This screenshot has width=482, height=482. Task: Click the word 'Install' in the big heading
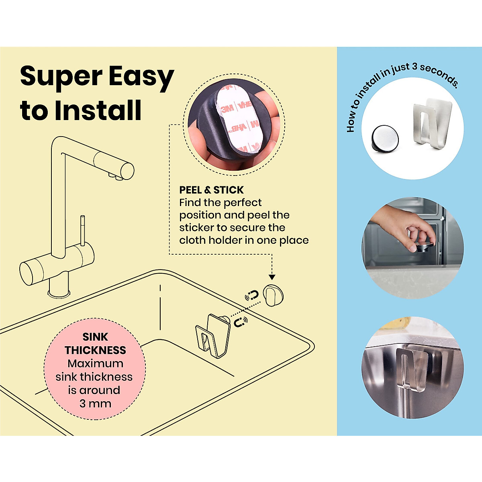[x=98, y=110]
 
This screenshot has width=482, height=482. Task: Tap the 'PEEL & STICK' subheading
[x=211, y=190]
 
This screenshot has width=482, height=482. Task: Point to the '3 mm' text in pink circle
[x=95, y=403]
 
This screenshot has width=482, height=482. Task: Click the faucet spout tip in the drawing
[x=114, y=176]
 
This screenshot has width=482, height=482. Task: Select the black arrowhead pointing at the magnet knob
[x=272, y=277]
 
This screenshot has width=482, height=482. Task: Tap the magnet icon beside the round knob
[x=252, y=296]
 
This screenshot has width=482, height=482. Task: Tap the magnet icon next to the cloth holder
[x=241, y=322]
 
